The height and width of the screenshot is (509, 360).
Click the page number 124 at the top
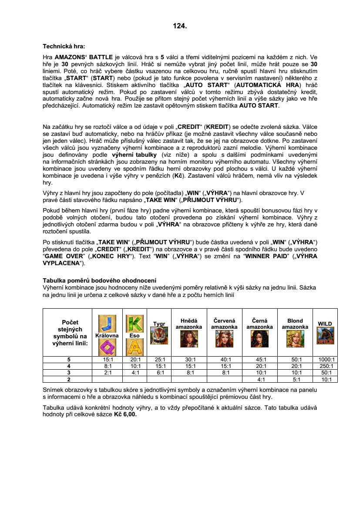[180, 26]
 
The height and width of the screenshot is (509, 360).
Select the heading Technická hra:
[64, 46]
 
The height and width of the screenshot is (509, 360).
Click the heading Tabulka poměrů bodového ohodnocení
[99, 280]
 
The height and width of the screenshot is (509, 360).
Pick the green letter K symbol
[132, 323]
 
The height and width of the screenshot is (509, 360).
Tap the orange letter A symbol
[132, 347]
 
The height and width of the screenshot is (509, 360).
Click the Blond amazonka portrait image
[295, 339]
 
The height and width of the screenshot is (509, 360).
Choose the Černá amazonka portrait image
[260, 339]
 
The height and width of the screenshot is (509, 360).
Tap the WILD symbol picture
[325, 336]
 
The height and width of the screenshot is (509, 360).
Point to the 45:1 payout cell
[260, 360]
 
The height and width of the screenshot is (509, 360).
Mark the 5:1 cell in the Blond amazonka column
[295, 379]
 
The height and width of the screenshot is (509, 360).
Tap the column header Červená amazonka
[224, 324]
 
